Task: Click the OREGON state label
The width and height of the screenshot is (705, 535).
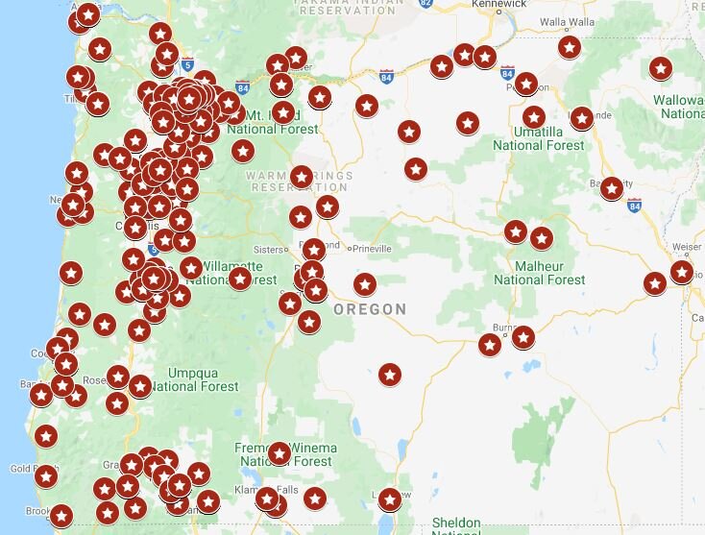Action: (x=370, y=309)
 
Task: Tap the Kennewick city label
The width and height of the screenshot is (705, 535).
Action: (x=498, y=5)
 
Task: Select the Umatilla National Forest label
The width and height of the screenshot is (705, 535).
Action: (x=538, y=137)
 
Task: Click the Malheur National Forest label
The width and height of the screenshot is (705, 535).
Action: (x=539, y=272)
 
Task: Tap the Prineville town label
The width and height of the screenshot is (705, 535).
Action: (x=374, y=248)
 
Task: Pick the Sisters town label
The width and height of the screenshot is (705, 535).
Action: (x=270, y=248)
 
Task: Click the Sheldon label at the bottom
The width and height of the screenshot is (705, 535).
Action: (x=456, y=523)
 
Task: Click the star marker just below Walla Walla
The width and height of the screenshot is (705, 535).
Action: (x=570, y=46)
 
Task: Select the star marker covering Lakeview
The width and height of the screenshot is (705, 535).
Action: (x=389, y=499)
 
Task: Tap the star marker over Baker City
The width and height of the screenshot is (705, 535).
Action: (x=612, y=188)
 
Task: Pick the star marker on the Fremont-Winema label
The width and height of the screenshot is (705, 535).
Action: (x=279, y=453)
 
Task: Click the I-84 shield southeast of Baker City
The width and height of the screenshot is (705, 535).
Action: (x=634, y=205)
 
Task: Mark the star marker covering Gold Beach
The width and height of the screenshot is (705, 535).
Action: (x=46, y=475)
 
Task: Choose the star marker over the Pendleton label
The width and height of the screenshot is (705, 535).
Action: (x=525, y=84)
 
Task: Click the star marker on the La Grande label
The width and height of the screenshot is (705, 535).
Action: (x=581, y=117)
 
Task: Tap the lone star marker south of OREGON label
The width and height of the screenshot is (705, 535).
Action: (x=389, y=374)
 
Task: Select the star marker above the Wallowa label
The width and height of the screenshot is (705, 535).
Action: (x=660, y=68)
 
